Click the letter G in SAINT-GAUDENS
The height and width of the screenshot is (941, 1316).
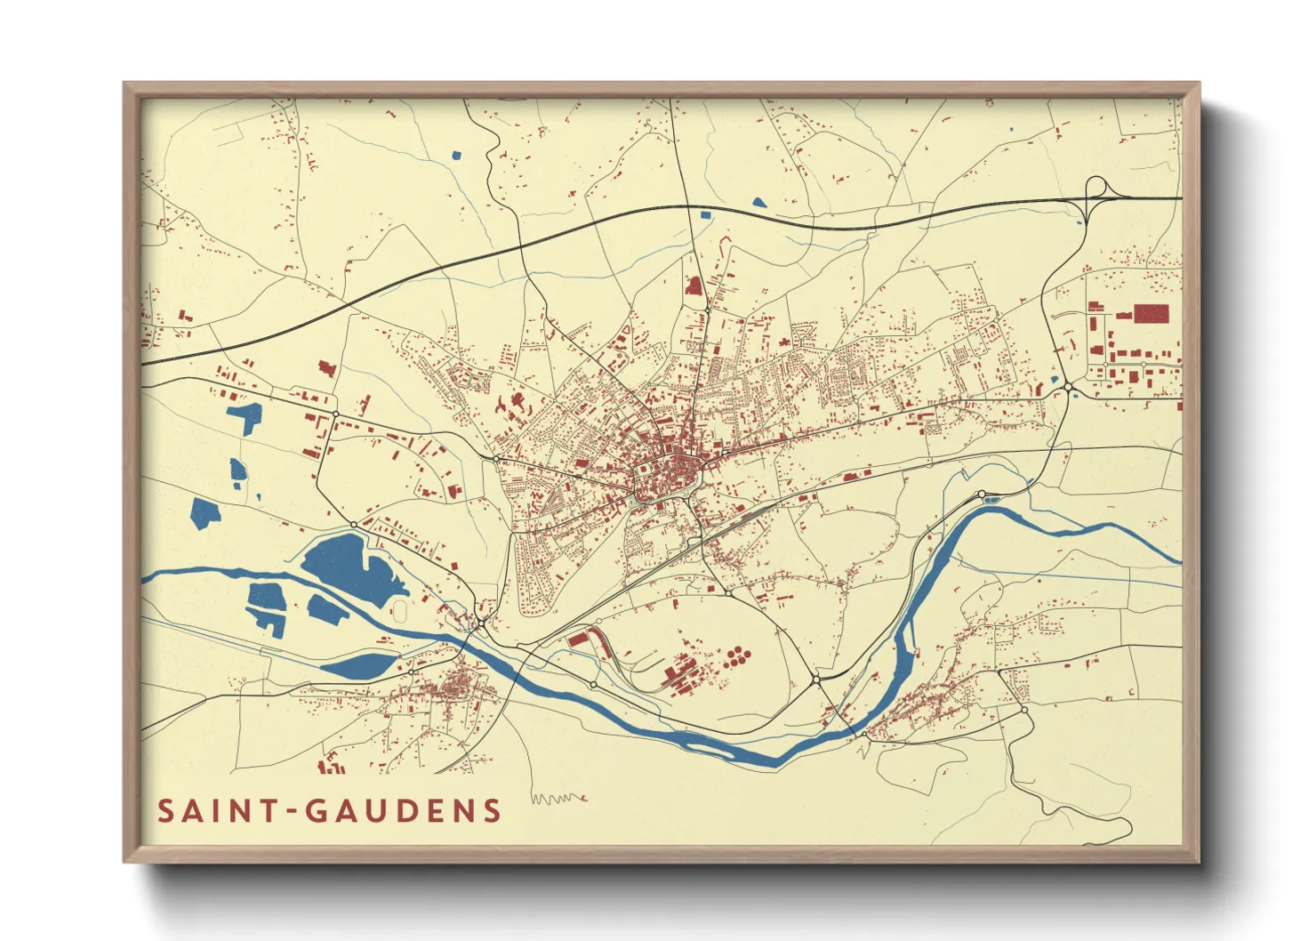tap(317, 811)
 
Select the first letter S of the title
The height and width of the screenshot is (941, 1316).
tap(165, 811)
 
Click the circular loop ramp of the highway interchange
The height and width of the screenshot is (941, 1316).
tap(1097, 187)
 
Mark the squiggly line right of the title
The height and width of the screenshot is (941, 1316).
tap(558, 798)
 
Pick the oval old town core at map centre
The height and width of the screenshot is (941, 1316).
tap(667, 479)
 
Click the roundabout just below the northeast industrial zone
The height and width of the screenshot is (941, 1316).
tap(1067, 387)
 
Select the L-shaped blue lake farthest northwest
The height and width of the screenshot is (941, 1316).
tap(245, 417)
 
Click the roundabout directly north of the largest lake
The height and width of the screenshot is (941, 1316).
tap(354, 524)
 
